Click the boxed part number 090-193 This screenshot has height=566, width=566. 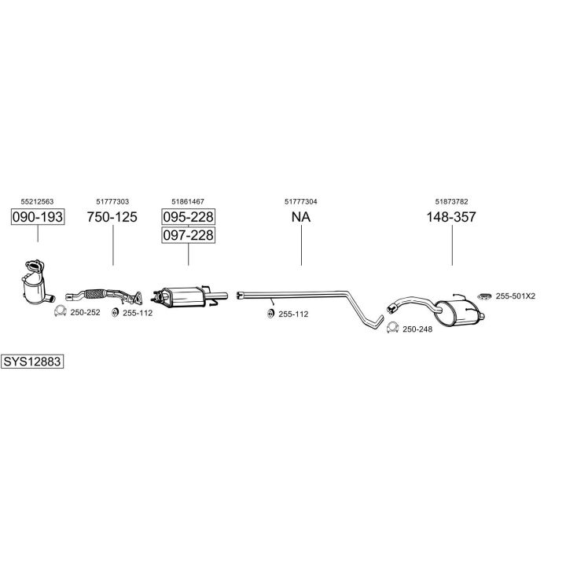[38, 217]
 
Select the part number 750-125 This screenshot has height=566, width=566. [112, 217]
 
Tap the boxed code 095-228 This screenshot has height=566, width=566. [188, 217]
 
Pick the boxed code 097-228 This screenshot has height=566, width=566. [188, 235]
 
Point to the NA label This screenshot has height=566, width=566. [301, 217]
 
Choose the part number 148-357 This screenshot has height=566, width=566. [451, 217]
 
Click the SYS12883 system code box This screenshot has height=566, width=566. [32, 362]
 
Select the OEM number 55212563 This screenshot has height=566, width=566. [38, 202]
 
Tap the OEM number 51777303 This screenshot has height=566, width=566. [112, 202]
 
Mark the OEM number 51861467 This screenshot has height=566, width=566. [188, 202]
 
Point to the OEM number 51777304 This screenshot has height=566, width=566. [301, 202]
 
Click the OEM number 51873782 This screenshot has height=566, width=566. [451, 202]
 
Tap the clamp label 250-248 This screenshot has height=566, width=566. [417, 329]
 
